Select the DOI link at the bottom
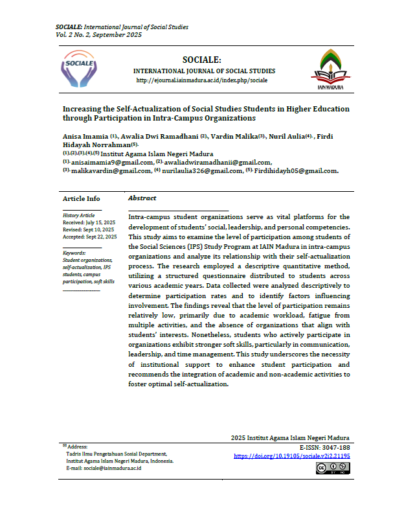click(x=291, y=456)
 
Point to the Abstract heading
click(x=142, y=198)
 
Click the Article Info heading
click(x=81, y=198)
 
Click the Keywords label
click(x=74, y=253)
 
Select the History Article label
click(x=78, y=215)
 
